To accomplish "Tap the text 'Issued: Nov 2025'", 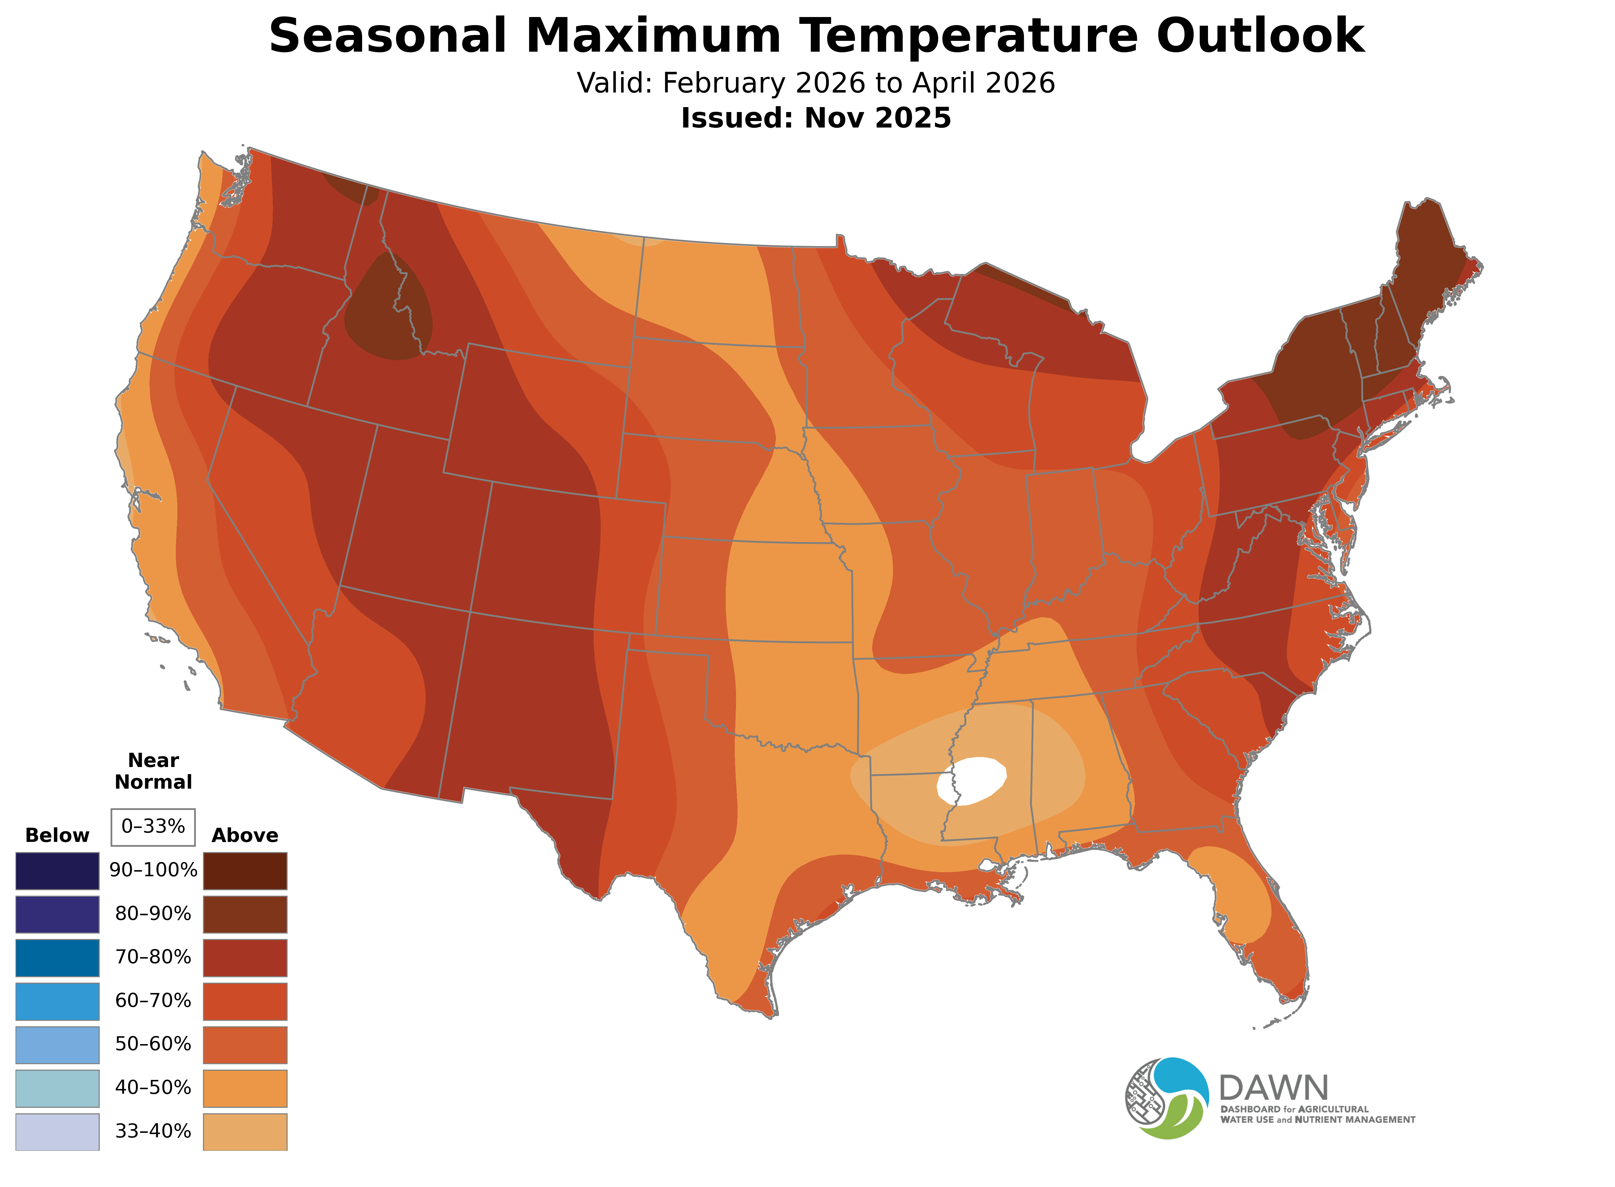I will click(816, 118).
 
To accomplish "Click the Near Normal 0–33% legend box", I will click(153, 826).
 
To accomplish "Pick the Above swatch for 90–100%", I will click(245, 871).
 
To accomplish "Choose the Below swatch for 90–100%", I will click(58, 871).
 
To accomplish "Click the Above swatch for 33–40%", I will click(245, 1132).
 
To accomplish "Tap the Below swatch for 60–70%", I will click(58, 1001).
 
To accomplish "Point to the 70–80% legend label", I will click(153, 957).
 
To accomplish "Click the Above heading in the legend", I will click(245, 835).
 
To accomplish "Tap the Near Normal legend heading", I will click(153, 771).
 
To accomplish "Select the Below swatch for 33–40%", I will click(58, 1132).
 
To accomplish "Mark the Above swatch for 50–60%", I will click(245, 1044).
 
